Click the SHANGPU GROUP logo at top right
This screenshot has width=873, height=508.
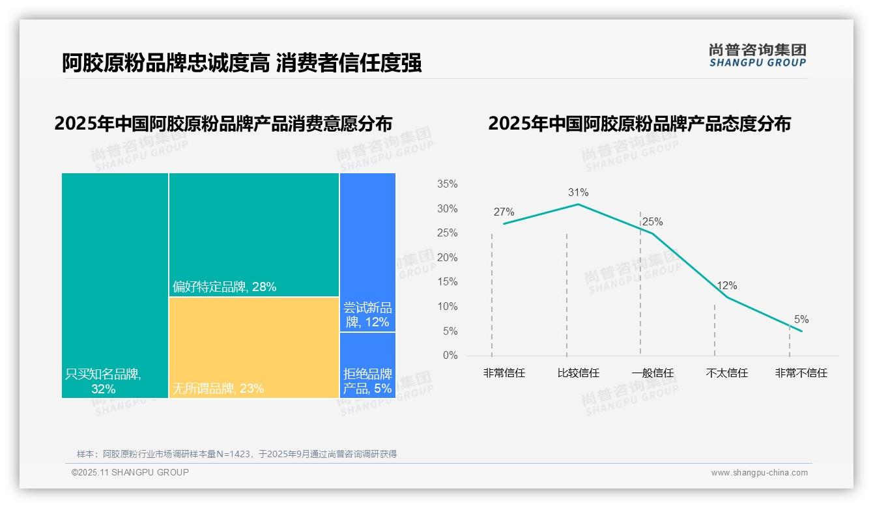[758, 55]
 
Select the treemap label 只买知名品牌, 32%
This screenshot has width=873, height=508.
[103, 382]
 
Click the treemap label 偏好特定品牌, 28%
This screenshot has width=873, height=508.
[224, 287]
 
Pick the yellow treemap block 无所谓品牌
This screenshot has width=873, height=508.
[254, 345]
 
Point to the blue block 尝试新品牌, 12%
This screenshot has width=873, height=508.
[367, 315]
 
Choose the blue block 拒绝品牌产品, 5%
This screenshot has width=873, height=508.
[367, 381]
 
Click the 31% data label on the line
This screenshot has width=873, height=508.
[578, 192]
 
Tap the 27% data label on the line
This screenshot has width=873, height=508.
[504, 212]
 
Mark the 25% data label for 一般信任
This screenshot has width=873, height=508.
[652, 222]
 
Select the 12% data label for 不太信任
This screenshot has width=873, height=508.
[726, 285]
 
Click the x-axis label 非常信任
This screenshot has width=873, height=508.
[504, 373]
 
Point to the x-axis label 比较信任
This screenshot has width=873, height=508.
[578, 373]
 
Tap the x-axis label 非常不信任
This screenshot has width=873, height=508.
[801, 373]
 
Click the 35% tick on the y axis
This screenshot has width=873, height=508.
[447, 184]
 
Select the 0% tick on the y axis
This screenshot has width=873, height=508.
[450, 356]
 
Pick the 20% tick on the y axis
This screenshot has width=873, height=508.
[447, 258]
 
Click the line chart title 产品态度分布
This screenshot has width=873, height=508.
[639, 124]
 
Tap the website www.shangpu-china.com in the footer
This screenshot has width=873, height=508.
[759, 473]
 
